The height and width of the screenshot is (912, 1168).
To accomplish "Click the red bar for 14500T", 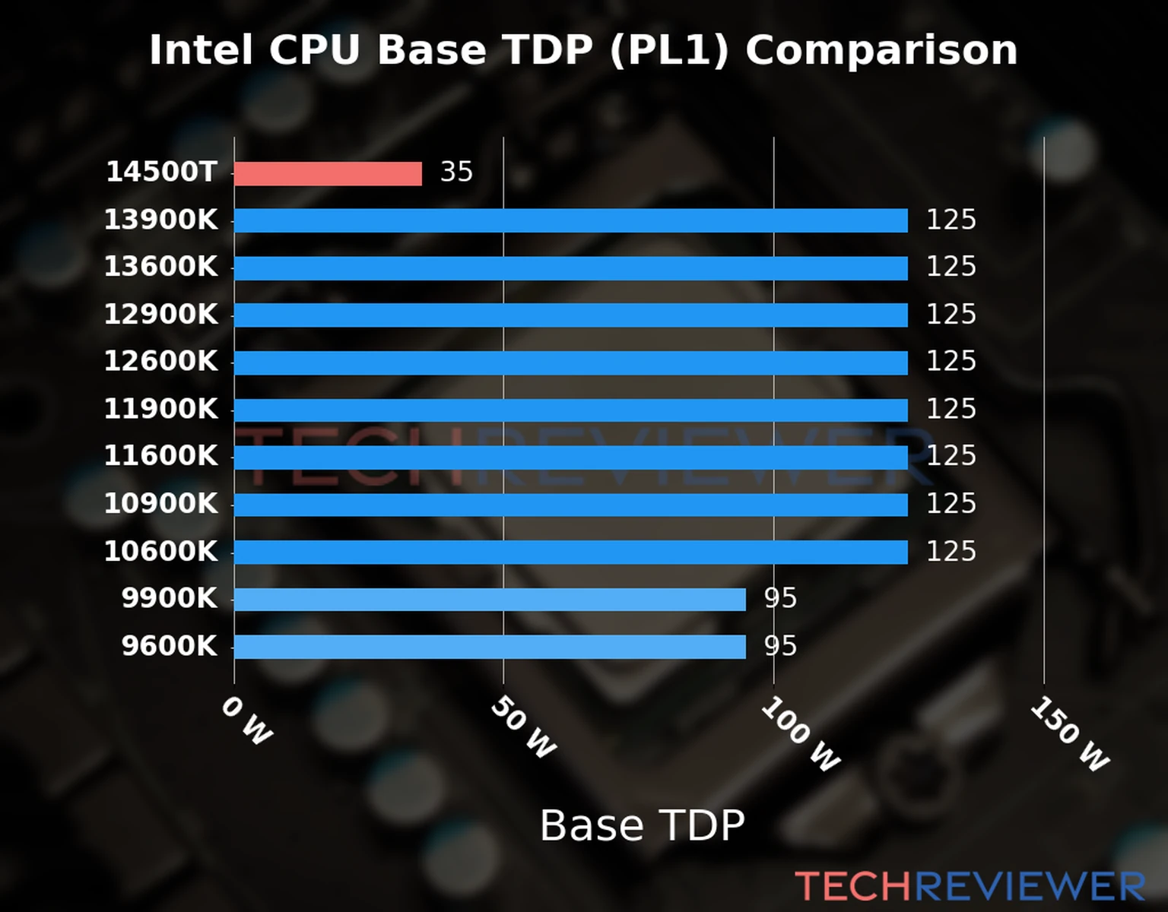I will tap(328, 173).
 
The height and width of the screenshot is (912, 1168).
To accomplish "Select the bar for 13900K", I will tap(570, 220).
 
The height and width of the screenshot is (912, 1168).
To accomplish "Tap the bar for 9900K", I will tap(490, 599).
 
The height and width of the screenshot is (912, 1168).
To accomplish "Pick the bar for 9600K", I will tap(490, 647).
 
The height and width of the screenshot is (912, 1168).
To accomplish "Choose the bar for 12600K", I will tap(570, 363).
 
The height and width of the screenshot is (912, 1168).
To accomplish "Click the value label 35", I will tap(456, 172).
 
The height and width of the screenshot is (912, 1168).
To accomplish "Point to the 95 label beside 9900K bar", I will tap(780, 598).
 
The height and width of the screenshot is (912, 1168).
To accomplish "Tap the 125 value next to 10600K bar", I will tap(951, 551).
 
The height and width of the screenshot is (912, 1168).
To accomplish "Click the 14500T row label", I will tap(161, 172).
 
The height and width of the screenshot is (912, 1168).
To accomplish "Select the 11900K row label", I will tap(160, 409).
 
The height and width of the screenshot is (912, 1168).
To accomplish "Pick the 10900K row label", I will tap(160, 503).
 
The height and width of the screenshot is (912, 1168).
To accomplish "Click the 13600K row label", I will tap(160, 267).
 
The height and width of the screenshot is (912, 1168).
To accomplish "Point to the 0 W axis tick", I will tap(246, 721).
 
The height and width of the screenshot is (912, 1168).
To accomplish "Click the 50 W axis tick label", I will tap(523, 727).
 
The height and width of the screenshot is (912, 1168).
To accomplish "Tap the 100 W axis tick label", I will tap(801, 734).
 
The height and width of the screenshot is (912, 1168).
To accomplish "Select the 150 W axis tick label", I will tap(1070, 734).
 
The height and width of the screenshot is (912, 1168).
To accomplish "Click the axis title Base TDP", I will tap(642, 825).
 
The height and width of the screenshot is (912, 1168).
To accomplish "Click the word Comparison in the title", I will tap(881, 51).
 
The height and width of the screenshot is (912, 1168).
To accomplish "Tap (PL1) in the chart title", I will tap(668, 51).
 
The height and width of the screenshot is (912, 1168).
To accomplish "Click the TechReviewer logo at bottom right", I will tap(970, 887).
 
